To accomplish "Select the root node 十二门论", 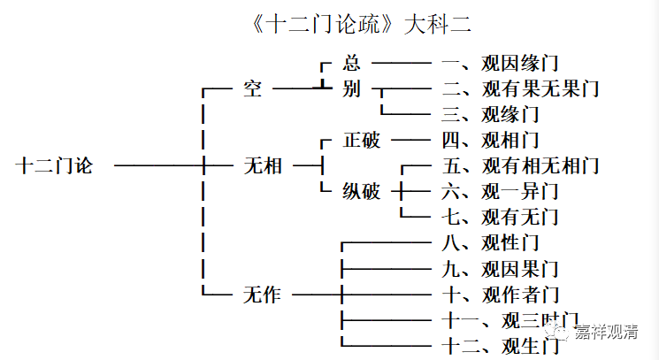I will [x=54, y=165].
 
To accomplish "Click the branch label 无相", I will [x=262, y=165].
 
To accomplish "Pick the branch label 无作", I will [x=262, y=295].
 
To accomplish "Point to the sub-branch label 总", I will [x=351, y=64].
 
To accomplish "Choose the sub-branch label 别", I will [x=351, y=89].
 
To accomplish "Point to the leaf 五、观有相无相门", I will [x=519, y=165].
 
